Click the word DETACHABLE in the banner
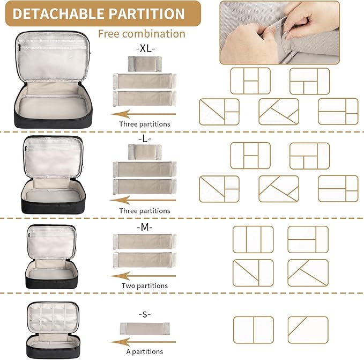pyautogui.click(x=58, y=14)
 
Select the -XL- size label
pyautogui.click(x=145, y=48)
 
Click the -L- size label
pyautogui.click(x=144, y=139)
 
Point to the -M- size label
pyautogui.click(x=145, y=227)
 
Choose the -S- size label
pyautogui.click(x=145, y=314)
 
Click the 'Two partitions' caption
pyautogui.click(x=145, y=285)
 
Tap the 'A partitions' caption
pyautogui.click(x=145, y=351)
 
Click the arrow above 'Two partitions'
pyautogui.click(x=143, y=276)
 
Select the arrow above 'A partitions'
pyautogui.click(x=143, y=342)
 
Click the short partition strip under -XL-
pyautogui.click(x=145, y=64)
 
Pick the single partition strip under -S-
pyautogui.click(x=145, y=329)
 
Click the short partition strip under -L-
pyautogui.click(x=145, y=152)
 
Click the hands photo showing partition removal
pyautogui.click(x=279, y=33)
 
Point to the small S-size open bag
pyautogui.click(x=53, y=330)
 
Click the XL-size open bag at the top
pyautogui.click(x=53, y=79)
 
